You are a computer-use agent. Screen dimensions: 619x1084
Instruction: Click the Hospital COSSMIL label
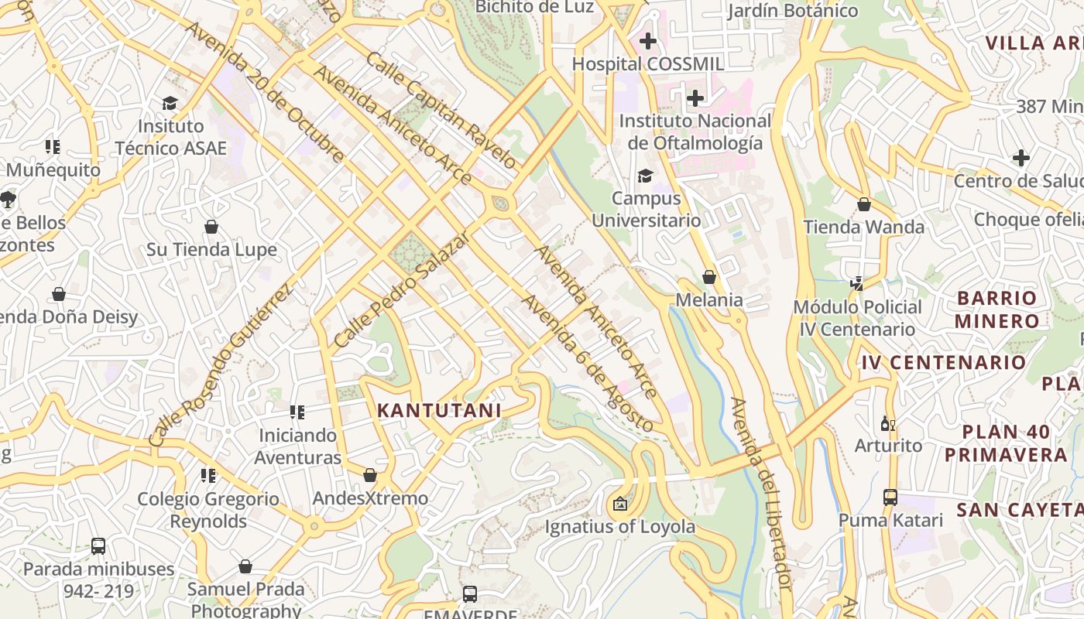648,63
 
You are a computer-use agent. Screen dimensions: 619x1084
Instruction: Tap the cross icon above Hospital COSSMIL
648,40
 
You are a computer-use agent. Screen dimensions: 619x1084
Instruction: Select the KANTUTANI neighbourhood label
439,411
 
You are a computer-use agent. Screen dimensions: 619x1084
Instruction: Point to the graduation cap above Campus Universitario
645,176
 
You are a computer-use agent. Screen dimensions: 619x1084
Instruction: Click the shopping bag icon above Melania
708,277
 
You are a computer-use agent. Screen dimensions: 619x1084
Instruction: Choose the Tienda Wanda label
863,227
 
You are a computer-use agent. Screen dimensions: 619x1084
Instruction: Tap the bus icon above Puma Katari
890,497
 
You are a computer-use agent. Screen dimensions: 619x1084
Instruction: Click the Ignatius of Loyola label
620,527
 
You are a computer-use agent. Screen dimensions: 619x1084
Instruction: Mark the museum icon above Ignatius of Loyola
619,504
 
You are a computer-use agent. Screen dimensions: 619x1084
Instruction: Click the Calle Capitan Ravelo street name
441,111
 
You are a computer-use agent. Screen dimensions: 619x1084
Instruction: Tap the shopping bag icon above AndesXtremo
370,475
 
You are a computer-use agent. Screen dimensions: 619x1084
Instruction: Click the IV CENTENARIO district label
943,362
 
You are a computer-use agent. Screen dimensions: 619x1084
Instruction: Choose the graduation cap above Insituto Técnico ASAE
170,103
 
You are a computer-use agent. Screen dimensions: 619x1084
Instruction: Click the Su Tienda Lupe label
211,250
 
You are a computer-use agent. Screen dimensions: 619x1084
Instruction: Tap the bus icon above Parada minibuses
98,546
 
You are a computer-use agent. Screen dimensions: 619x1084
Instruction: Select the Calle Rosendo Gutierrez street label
221,365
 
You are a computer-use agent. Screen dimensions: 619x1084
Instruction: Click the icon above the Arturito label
888,424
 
